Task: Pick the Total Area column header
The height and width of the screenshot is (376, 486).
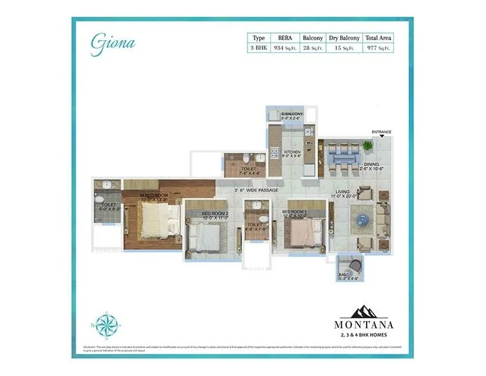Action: pyautogui.click(x=378, y=38)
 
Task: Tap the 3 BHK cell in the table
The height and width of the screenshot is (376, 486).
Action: pyautogui.click(x=259, y=47)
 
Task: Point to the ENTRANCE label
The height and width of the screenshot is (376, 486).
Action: pyautogui.click(x=382, y=132)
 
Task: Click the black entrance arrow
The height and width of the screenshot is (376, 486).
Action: pyautogui.click(x=382, y=138)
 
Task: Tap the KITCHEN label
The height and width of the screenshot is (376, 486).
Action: pyautogui.click(x=284, y=151)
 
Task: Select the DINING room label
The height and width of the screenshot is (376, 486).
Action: pyautogui.click(x=371, y=164)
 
